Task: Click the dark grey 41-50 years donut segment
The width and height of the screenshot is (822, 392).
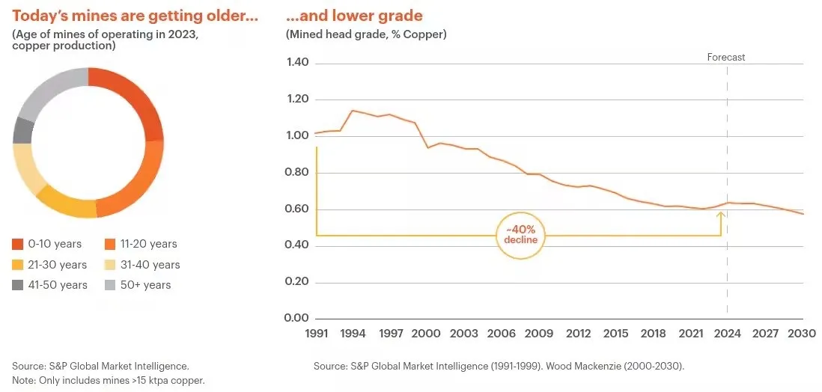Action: point(23,130)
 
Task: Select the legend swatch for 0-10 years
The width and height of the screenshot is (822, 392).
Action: point(18,245)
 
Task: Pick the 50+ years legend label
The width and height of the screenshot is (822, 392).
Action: point(147,285)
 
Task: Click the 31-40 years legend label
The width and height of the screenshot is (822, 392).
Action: point(149,265)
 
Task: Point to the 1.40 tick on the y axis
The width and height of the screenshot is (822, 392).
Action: point(299,64)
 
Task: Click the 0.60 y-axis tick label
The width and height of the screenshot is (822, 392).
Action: point(299,209)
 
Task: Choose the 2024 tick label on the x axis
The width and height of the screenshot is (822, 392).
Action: point(727,334)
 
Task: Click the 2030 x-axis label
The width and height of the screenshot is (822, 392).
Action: point(803,334)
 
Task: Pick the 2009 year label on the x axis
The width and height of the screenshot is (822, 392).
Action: point(538,334)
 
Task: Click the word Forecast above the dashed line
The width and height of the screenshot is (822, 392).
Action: point(726,57)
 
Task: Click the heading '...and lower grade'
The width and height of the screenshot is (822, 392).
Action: point(354,16)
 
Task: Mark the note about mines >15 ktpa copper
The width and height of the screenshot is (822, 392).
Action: point(109,381)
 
